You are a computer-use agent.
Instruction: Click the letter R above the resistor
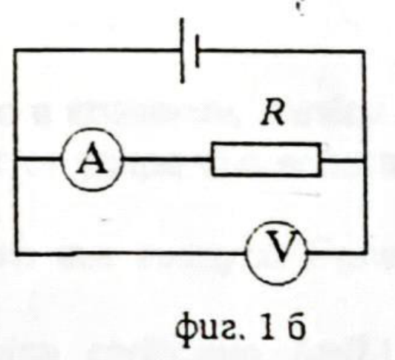(272, 114)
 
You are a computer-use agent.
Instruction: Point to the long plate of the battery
(182, 50)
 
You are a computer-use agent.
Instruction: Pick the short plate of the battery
(197, 51)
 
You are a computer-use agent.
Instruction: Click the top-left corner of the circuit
(16, 50)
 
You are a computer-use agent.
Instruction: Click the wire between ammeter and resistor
(167, 159)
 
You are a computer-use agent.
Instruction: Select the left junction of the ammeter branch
(16, 159)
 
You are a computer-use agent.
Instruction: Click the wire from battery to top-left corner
(98, 50)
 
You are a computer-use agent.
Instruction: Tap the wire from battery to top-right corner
(281, 51)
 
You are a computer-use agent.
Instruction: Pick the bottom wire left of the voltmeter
(131, 252)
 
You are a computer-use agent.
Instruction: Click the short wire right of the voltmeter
(336, 252)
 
